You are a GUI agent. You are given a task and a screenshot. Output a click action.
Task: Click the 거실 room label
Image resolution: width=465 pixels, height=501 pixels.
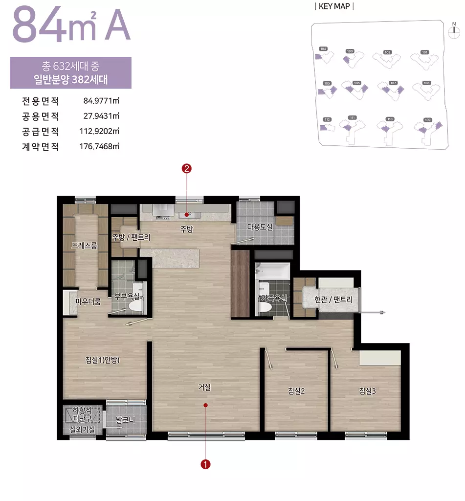204,387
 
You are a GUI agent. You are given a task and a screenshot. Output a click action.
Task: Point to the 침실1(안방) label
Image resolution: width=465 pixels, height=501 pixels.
102,361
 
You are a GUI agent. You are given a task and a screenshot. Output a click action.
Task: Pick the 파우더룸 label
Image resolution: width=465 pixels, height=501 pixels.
88,302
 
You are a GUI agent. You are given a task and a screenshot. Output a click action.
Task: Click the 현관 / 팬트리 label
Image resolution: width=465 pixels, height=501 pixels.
333,299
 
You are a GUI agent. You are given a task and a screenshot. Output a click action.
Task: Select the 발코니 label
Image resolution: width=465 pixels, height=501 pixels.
125,420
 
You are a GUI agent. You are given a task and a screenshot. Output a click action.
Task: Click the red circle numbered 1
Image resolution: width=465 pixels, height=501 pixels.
206,464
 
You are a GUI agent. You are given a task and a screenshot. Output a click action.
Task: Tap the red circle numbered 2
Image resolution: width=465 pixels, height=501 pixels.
186,169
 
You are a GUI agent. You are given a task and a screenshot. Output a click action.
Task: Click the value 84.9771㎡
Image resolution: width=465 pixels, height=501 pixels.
102,101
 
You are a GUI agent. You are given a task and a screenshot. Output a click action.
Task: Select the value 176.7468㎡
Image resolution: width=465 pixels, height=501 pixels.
100,146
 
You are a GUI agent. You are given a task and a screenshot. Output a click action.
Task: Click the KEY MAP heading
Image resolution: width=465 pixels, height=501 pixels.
334,6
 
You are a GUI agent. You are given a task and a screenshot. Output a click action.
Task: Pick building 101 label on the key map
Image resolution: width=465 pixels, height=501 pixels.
424,52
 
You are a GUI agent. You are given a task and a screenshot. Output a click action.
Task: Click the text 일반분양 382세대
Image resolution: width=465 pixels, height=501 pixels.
71,79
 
